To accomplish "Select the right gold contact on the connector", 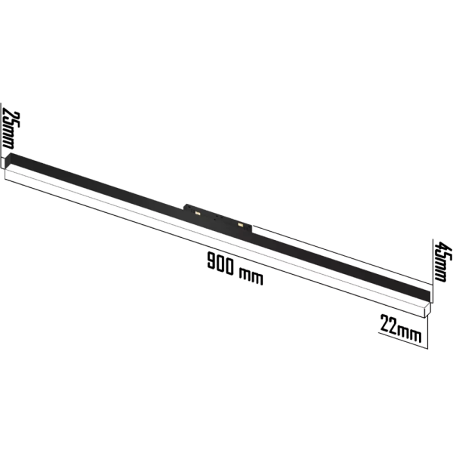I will tap(241, 224).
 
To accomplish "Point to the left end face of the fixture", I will tap(7, 167).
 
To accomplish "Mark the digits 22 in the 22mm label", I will tap(389, 325).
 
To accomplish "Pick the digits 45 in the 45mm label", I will tap(442, 251).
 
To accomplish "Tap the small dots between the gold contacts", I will tap(219, 220).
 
